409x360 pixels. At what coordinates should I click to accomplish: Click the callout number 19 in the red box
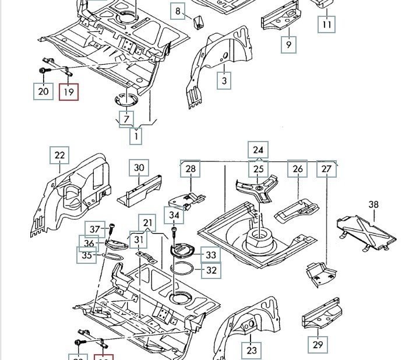coord(69,91)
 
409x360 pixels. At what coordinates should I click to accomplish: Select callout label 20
coord(44,91)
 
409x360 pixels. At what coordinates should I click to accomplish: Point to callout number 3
coord(224,81)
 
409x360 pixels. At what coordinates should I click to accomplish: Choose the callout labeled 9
coord(288,44)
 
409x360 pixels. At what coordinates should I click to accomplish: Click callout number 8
coord(178,10)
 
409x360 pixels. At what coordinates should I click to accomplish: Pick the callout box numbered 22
coord(60,156)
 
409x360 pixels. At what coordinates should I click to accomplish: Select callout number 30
coord(139,168)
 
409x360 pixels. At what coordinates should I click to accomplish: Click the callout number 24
coord(259,150)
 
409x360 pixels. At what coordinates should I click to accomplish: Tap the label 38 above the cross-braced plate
coord(373,204)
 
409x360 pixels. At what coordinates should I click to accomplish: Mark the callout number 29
coord(318,345)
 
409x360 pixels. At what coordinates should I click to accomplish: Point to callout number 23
coord(251,350)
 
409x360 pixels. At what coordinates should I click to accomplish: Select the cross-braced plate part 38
coord(366,232)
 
